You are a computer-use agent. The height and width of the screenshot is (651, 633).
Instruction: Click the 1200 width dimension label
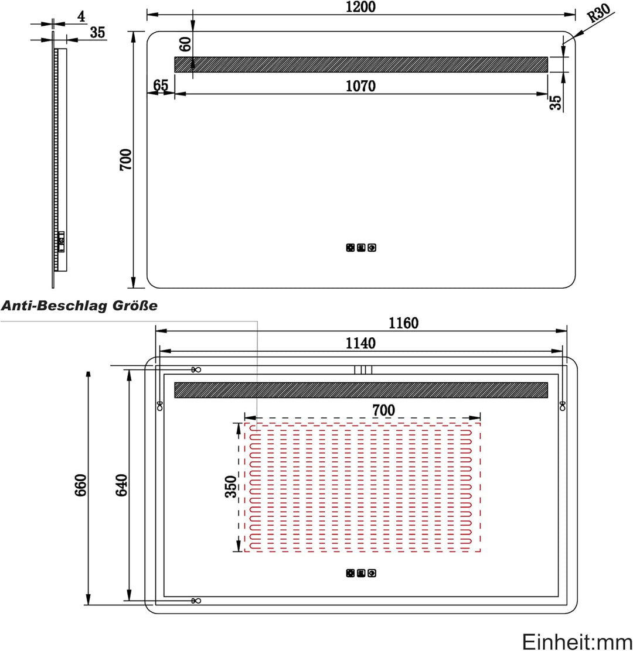click(x=360, y=6)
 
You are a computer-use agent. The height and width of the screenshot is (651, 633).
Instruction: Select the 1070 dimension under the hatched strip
click(x=360, y=86)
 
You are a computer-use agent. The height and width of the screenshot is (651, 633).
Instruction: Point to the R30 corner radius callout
click(x=598, y=13)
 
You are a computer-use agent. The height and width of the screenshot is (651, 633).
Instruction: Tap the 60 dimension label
click(x=185, y=44)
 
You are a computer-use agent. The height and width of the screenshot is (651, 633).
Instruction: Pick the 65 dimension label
click(x=161, y=85)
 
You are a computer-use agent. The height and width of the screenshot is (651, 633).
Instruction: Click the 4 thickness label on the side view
click(x=81, y=16)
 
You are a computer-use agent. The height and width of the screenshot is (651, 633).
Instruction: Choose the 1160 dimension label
click(x=403, y=323)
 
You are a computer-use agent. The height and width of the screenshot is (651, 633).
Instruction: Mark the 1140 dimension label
click(x=360, y=343)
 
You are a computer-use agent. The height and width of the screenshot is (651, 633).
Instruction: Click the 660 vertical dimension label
click(x=80, y=485)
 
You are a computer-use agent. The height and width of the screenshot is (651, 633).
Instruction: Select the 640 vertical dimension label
click(x=121, y=485)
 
